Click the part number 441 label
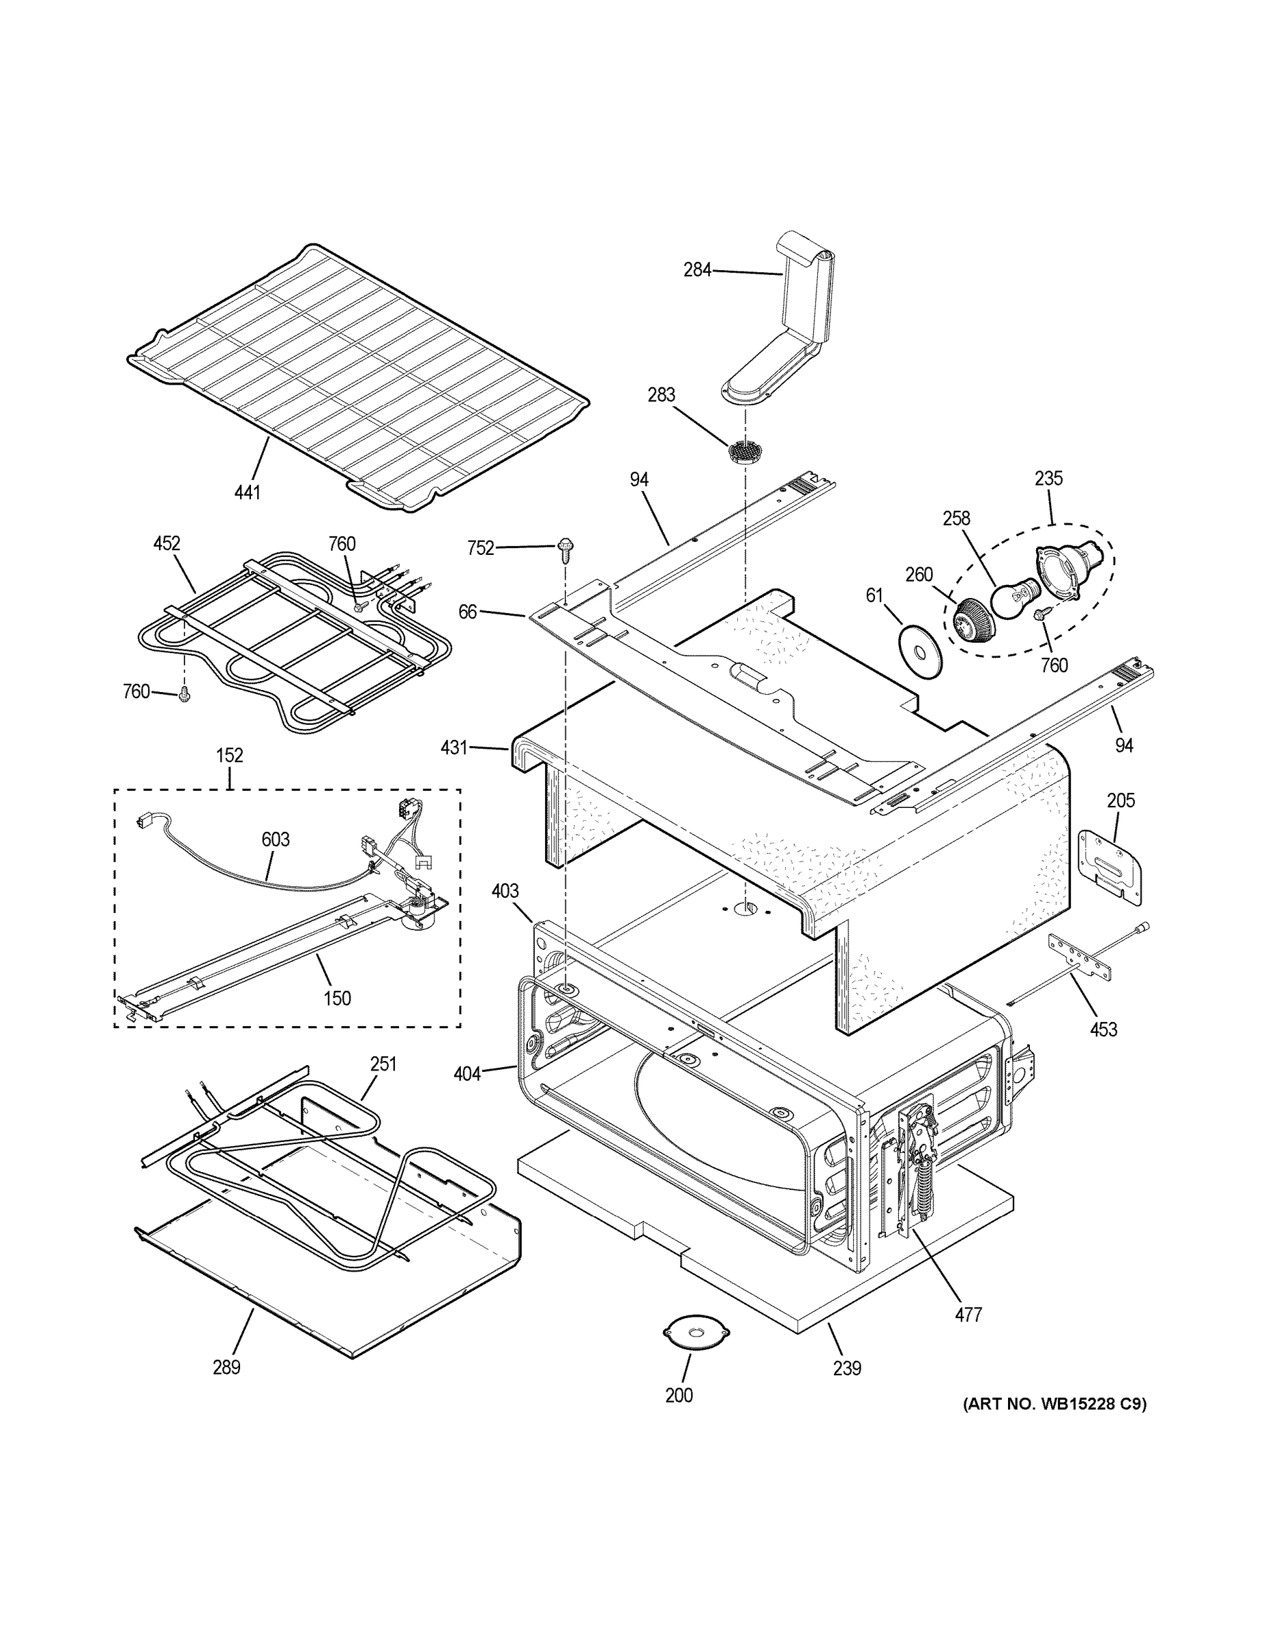pos(247,493)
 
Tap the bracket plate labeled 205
pos(1111,866)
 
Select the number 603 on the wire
pos(276,839)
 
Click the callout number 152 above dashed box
pos(230,755)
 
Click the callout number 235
pos(1048,478)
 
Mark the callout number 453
pos(1103,1029)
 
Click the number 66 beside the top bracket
pos(468,612)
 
